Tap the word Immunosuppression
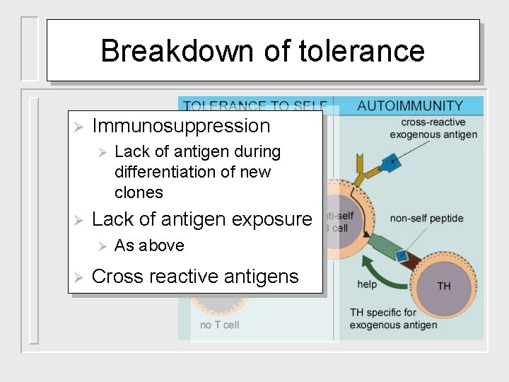click(181, 127)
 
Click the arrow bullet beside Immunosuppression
click(79, 127)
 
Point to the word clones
click(139, 192)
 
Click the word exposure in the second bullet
click(269, 220)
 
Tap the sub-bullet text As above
click(149, 245)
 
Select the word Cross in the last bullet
click(116, 277)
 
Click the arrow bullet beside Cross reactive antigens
click(79, 277)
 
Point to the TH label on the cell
click(444, 286)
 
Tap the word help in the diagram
click(367, 284)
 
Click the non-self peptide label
click(427, 219)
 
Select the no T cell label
click(220, 325)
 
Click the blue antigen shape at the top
click(390, 163)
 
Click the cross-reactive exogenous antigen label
click(433, 129)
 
